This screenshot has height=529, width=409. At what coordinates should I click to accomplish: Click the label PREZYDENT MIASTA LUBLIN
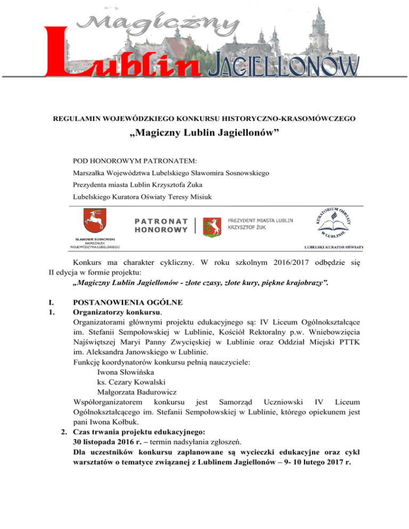tap(260, 220)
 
